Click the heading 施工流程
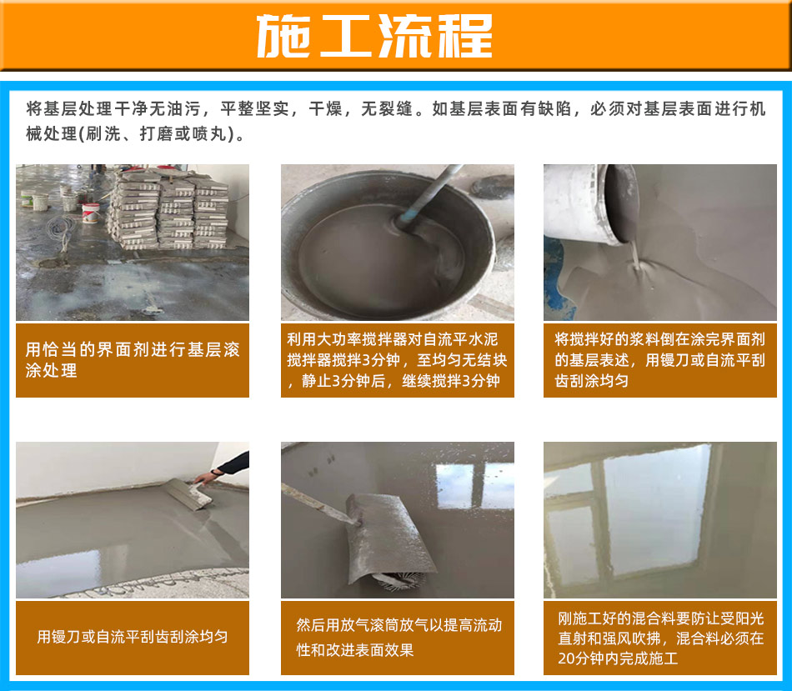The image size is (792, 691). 374,36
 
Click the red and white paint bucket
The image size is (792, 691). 90,213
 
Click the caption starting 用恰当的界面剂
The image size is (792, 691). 133,359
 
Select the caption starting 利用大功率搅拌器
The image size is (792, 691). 397,359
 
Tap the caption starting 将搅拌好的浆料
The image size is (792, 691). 659,359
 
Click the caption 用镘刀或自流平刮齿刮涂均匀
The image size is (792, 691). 133,637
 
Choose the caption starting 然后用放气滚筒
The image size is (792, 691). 399,638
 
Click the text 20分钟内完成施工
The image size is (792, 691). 618,658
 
